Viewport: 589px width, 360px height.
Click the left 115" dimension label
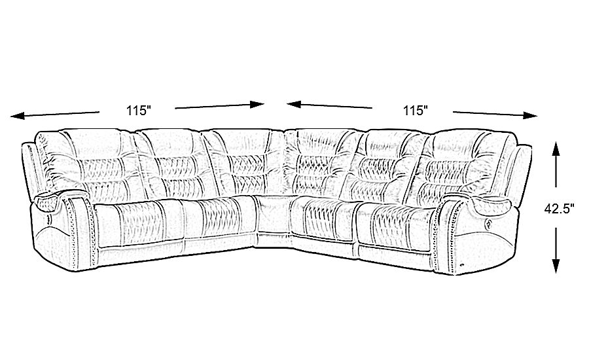(x=139, y=111)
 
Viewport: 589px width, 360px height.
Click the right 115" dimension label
(x=415, y=111)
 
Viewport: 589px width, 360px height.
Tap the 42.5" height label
(x=560, y=209)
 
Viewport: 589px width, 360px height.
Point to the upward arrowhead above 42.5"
(x=556, y=149)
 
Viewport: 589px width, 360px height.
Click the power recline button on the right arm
(x=488, y=224)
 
